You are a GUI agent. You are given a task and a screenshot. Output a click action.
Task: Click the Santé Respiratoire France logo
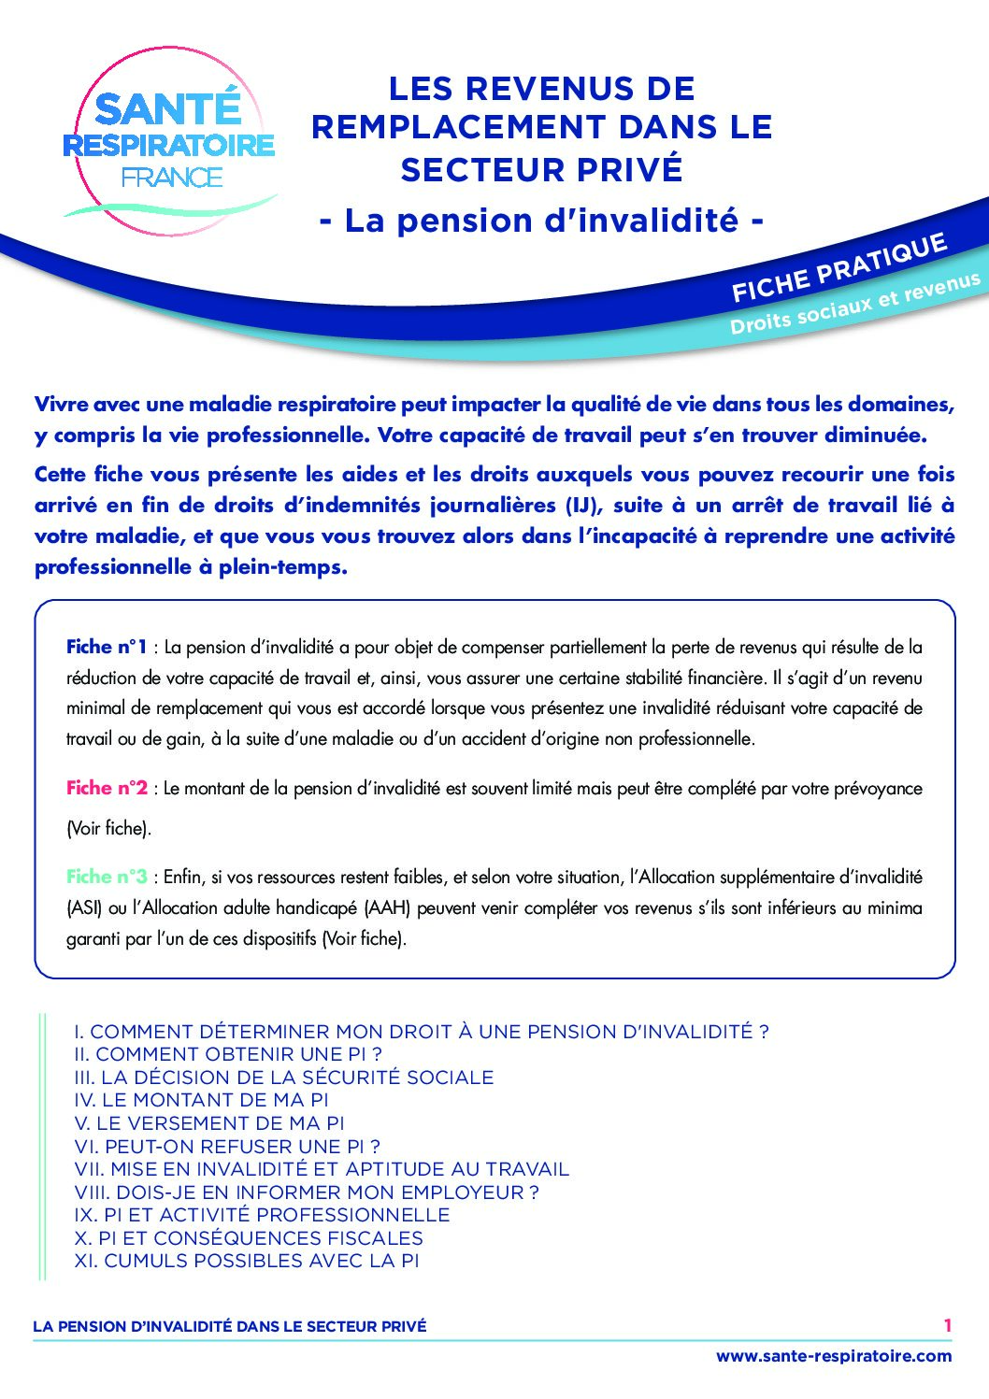pos(170,140)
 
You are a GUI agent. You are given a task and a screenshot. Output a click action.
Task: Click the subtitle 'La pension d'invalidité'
pos(541,221)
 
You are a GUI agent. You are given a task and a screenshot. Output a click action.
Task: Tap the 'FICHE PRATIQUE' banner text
pos(838,268)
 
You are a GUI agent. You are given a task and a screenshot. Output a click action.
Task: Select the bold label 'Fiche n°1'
pos(107,647)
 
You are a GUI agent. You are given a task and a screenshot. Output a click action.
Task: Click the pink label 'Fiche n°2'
pos(107,788)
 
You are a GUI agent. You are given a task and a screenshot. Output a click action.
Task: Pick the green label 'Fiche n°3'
pos(107,877)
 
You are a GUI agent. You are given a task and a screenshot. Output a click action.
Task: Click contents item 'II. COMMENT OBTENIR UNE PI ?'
pos(228,1054)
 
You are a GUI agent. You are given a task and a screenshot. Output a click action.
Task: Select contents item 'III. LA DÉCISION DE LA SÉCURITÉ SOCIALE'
pos(283,1078)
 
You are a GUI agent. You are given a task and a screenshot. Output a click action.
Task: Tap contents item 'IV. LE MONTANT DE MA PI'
pos(201,1100)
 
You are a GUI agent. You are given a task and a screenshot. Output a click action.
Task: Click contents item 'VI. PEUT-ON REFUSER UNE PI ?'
pos(227,1147)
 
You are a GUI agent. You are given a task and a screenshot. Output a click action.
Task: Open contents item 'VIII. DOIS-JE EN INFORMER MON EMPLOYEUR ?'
pos(307,1192)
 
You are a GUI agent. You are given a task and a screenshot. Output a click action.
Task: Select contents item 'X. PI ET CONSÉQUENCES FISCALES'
pos(249,1238)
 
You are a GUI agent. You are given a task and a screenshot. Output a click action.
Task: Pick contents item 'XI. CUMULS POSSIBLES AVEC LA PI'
pos(247,1262)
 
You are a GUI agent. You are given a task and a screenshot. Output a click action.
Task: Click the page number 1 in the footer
pos(947,1325)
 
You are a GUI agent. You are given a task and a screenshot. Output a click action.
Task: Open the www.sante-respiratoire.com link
pos(834,1356)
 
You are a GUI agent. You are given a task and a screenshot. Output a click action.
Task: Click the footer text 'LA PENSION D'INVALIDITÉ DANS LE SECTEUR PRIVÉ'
pos(229,1326)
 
